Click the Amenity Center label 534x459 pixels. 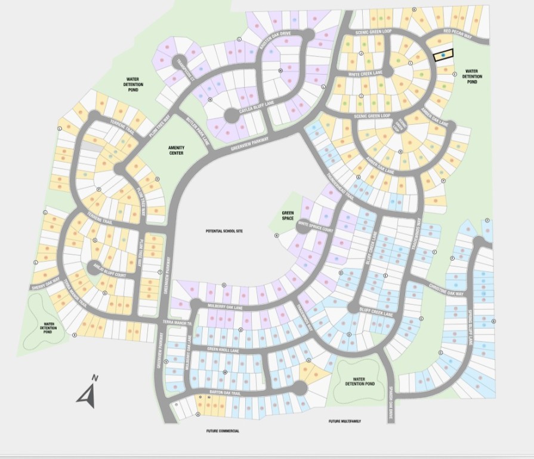(175, 150)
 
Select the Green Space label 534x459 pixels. (288, 215)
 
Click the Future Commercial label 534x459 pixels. (223, 431)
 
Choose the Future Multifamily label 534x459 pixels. (344, 421)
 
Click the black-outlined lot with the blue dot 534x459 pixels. (443, 55)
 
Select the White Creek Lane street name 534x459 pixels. (364, 74)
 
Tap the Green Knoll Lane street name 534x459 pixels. (222, 350)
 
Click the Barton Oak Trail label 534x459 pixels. (224, 393)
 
